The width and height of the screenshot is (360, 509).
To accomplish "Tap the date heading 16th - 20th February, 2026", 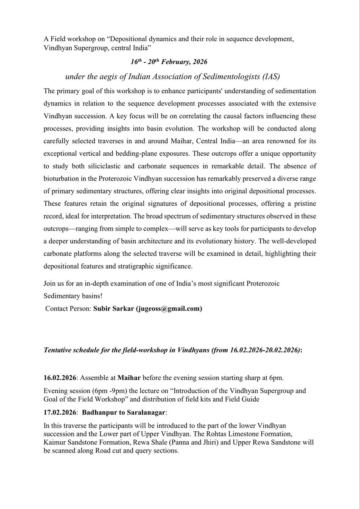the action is tap(168, 62).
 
